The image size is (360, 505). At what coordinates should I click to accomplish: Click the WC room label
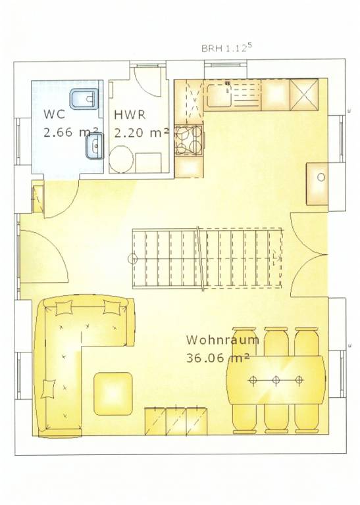(x=54, y=114)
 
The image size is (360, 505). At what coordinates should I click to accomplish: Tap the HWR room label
(x=130, y=114)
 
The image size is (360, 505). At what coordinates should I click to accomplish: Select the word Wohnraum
(x=222, y=340)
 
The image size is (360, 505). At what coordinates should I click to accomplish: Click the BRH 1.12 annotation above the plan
(x=226, y=48)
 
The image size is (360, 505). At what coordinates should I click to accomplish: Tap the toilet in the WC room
(x=83, y=98)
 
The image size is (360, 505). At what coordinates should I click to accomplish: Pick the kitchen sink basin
(x=219, y=95)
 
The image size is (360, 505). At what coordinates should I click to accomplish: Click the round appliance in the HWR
(x=121, y=158)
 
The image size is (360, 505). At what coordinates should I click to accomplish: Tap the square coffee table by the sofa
(x=113, y=394)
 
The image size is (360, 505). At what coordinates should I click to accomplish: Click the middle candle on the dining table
(x=276, y=380)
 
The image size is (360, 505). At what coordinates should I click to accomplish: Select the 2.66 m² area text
(x=71, y=132)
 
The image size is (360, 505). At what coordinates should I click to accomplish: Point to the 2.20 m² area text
(x=141, y=132)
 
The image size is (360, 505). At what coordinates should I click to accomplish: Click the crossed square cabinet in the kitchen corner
(x=304, y=95)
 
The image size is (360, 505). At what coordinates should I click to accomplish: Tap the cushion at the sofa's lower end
(x=48, y=389)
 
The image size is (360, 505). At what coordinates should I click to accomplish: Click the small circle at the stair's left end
(x=132, y=258)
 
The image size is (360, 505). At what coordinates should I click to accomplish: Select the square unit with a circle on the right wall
(x=317, y=184)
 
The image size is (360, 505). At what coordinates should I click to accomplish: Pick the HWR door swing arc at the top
(x=149, y=82)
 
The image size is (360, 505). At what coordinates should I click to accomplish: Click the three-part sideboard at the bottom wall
(x=176, y=421)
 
